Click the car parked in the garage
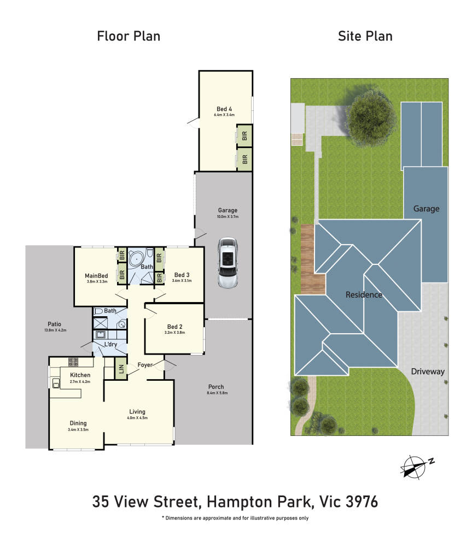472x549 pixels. click(x=228, y=263)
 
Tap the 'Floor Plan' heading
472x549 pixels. click(x=129, y=36)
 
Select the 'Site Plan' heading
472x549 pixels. click(x=365, y=36)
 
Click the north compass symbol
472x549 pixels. click(x=416, y=467)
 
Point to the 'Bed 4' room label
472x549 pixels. click(x=224, y=109)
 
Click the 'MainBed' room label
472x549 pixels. click(x=96, y=275)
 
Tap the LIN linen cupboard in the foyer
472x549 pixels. click(x=121, y=369)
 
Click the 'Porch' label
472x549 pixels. click(x=216, y=387)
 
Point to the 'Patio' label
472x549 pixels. click(x=54, y=324)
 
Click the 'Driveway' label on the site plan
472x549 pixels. click(x=428, y=371)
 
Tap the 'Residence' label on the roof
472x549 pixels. click(x=364, y=294)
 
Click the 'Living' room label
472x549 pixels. click(x=137, y=411)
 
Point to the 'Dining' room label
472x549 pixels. click(x=78, y=423)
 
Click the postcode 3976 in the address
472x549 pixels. click(x=362, y=501)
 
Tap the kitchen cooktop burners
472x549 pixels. click(x=73, y=362)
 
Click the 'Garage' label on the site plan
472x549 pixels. click(x=427, y=209)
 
